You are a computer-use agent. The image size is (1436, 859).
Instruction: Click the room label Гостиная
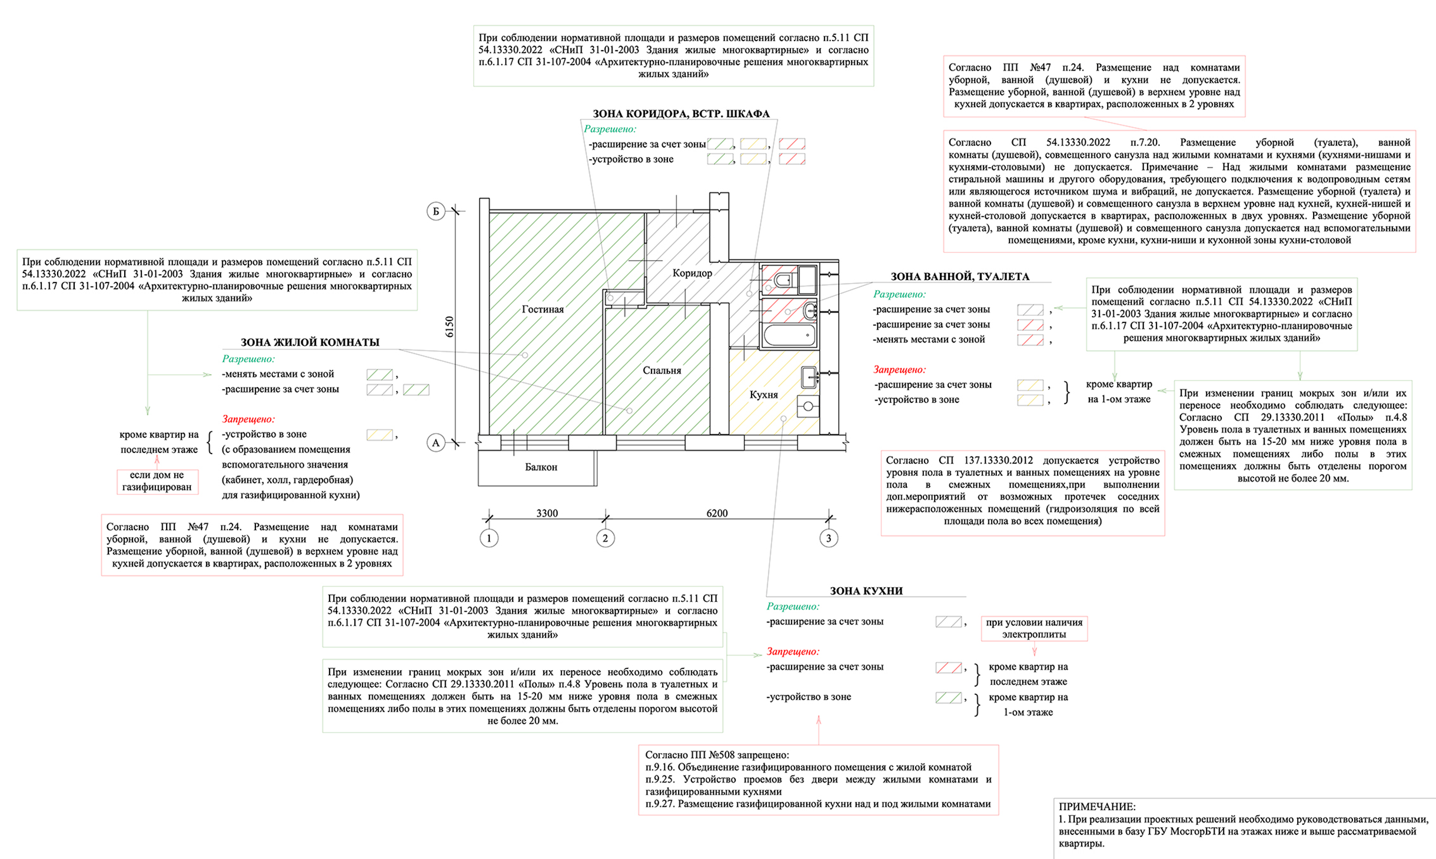coord(543,309)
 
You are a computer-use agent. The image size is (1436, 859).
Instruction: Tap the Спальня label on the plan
coord(662,371)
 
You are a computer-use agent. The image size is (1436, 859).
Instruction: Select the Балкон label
coord(541,467)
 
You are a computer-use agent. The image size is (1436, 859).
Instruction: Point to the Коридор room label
coord(692,273)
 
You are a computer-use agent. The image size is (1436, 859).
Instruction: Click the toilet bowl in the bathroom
coord(783,280)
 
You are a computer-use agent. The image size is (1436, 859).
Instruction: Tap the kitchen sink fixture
coord(809,377)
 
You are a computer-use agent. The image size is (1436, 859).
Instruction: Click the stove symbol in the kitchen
coord(808,406)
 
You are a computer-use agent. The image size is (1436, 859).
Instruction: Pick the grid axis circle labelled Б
coord(436,211)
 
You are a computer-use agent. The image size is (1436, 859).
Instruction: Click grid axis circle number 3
coord(829,538)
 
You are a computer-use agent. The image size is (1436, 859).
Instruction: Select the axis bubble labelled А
coord(436,443)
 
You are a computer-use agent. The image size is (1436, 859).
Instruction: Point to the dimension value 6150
coord(450,327)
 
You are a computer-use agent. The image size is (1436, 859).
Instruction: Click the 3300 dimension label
coord(547,513)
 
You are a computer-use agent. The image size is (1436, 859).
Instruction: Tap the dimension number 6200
coord(717,513)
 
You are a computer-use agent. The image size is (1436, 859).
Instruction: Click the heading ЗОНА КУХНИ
coord(866,591)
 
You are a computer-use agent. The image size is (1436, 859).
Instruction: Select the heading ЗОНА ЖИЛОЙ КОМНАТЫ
coord(310,342)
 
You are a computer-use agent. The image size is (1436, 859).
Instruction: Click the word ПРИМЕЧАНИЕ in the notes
coord(1097,807)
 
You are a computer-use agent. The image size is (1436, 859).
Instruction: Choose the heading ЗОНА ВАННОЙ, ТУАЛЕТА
coord(959,277)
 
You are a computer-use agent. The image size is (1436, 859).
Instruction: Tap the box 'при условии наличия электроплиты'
coord(1034,628)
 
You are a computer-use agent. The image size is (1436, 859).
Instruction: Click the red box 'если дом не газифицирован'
coord(157,481)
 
